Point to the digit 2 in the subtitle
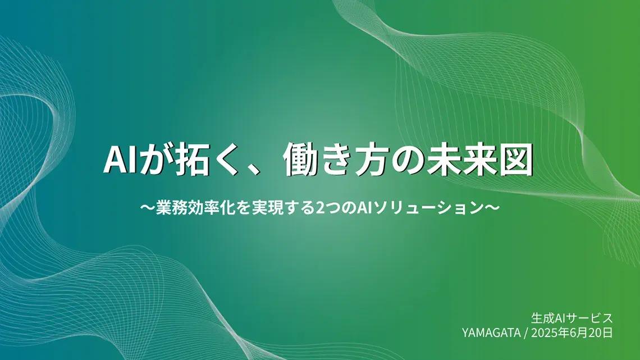(x=318, y=208)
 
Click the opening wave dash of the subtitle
(x=147, y=208)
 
